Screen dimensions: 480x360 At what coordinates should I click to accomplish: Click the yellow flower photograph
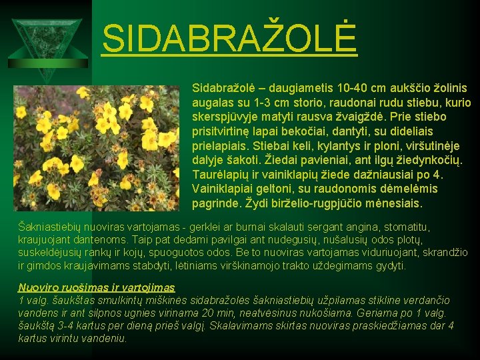tap(96, 148)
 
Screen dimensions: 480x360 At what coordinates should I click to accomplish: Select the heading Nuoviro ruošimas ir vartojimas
tap(97, 287)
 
